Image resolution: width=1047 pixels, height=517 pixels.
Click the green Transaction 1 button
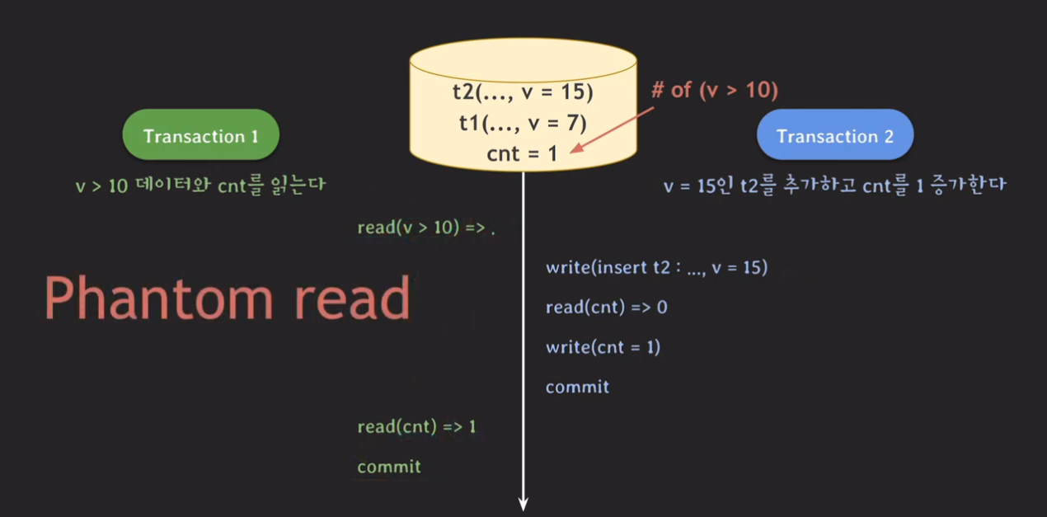tap(200, 135)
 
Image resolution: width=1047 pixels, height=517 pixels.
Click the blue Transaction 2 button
tap(834, 136)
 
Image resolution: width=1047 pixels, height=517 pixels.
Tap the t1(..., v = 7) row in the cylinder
tap(523, 123)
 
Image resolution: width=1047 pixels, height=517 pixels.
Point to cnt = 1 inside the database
tap(523, 153)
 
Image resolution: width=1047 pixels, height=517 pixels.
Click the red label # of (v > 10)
tap(714, 90)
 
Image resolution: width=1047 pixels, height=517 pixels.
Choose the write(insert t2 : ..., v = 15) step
tap(656, 267)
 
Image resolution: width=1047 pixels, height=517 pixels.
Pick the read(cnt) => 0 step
tap(606, 308)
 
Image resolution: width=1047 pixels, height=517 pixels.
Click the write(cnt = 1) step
tap(603, 347)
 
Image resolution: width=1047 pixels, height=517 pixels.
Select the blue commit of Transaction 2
tap(577, 387)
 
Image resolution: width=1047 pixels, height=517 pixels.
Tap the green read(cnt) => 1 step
tap(416, 427)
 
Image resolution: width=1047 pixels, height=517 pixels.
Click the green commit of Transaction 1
tap(388, 467)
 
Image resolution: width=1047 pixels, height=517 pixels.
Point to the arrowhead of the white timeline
tap(523, 503)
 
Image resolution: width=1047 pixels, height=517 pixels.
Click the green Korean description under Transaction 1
tap(200, 186)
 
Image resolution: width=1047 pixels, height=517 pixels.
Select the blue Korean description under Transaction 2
tap(834, 186)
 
